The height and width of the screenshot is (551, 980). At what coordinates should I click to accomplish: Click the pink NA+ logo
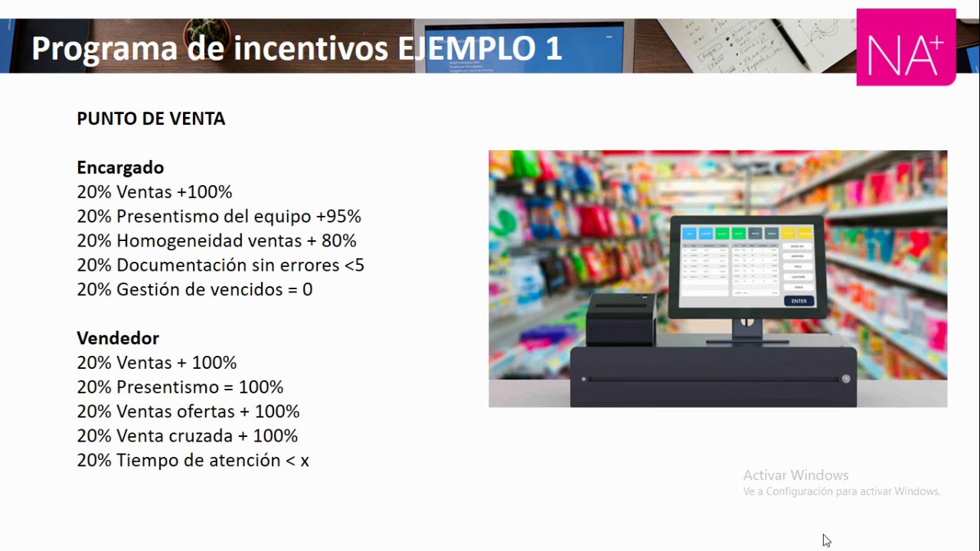tap(906, 47)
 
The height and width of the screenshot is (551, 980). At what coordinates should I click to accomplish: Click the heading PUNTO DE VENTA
tap(151, 119)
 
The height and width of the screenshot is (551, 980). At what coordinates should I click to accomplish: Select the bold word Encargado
tap(120, 168)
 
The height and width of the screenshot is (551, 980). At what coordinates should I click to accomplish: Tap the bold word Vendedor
tap(118, 338)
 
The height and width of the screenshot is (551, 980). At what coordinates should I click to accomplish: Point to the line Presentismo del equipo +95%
tap(219, 217)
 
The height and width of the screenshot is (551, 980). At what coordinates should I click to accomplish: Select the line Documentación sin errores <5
tap(220, 266)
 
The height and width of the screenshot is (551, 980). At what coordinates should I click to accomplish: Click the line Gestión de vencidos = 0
tap(194, 290)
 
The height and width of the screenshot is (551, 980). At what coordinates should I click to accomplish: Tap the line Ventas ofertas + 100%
tap(188, 412)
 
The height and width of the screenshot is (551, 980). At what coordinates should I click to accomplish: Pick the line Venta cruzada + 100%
tap(188, 436)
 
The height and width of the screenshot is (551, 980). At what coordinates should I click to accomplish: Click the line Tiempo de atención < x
tap(193, 461)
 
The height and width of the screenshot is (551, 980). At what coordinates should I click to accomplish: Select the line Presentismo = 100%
tap(180, 387)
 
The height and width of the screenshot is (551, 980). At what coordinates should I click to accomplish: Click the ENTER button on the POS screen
tap(799, 301)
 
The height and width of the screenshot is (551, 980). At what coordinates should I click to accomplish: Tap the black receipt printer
tap(621, 320)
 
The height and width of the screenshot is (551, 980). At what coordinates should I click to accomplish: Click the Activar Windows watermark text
tap(795, 475)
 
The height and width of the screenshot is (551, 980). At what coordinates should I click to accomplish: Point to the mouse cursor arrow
tap(826, 540)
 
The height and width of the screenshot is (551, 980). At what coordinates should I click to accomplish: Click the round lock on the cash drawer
tap(846, 379)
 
